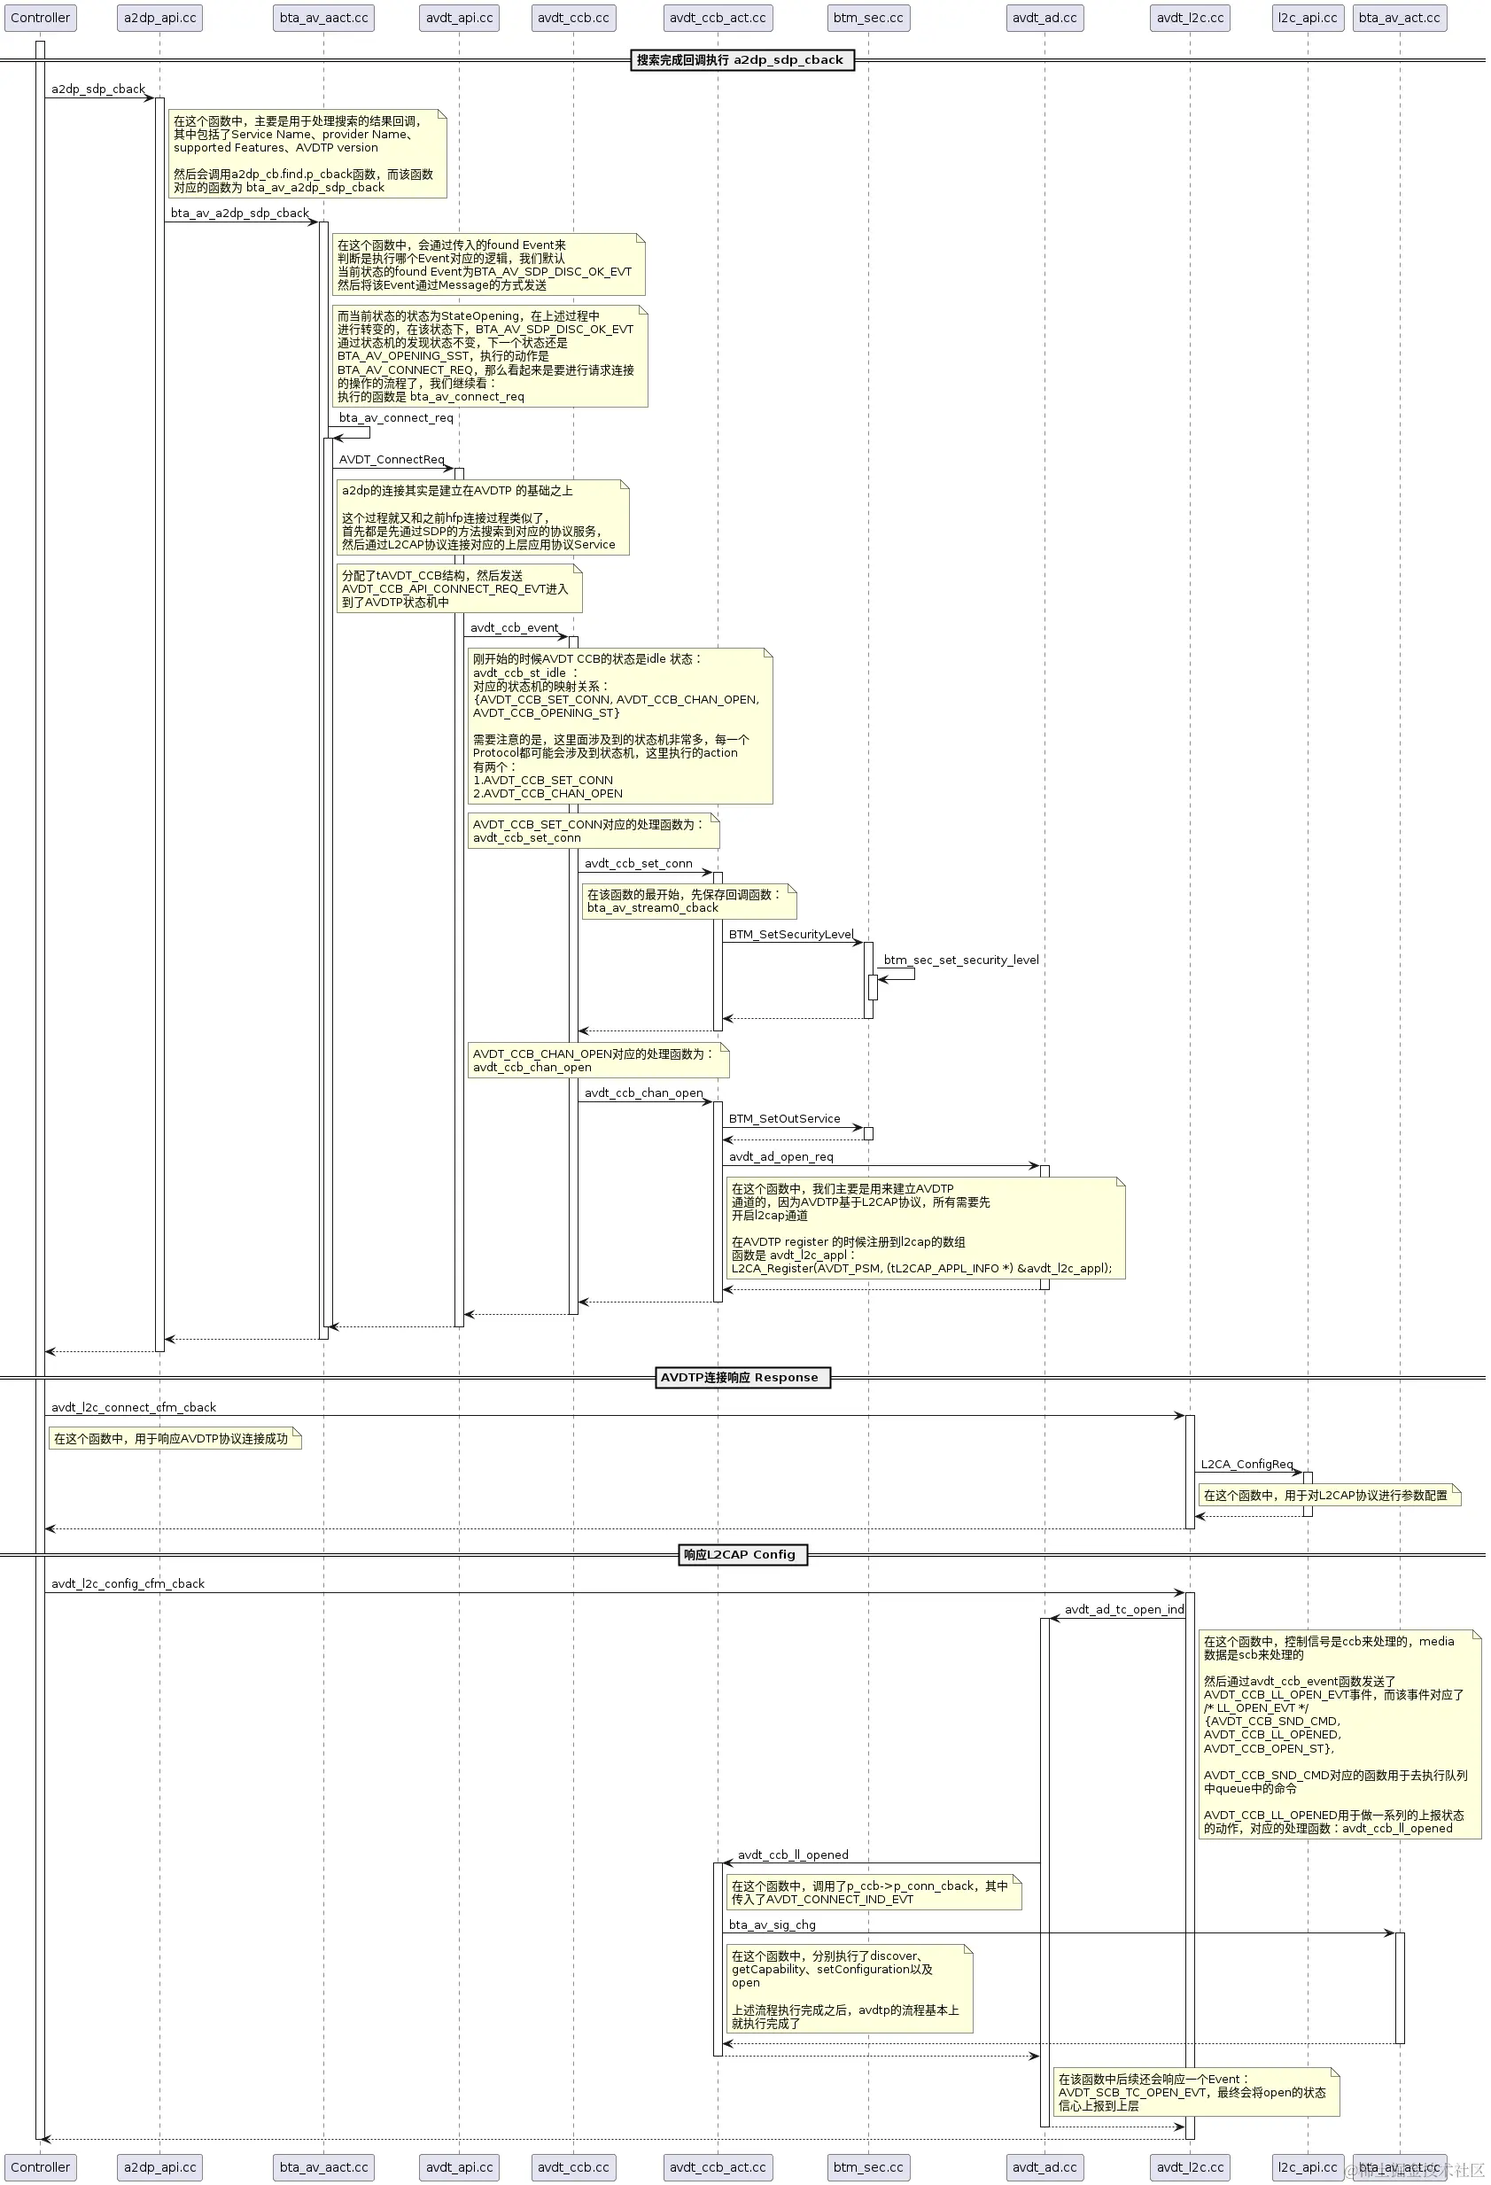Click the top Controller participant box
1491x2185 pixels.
40,18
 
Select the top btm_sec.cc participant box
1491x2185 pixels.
867,18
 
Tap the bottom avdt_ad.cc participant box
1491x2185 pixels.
1044,2167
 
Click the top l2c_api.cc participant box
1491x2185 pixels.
1307,18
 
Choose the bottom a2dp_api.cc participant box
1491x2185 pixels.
159,2167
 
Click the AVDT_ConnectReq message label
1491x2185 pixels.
391,460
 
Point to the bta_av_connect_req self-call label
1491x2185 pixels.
396,418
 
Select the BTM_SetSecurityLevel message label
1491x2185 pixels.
790,935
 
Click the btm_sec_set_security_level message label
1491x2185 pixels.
961,960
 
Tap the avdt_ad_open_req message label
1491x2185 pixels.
780,1156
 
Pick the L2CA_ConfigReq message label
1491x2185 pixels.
1246,1464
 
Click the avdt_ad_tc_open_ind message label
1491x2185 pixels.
1123,1610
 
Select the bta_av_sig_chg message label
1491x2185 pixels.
772,1925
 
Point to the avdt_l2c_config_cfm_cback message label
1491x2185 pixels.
128,1583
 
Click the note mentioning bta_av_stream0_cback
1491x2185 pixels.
688,901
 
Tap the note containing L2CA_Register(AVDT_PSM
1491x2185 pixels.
922,1228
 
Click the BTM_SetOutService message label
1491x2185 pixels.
784,1119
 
